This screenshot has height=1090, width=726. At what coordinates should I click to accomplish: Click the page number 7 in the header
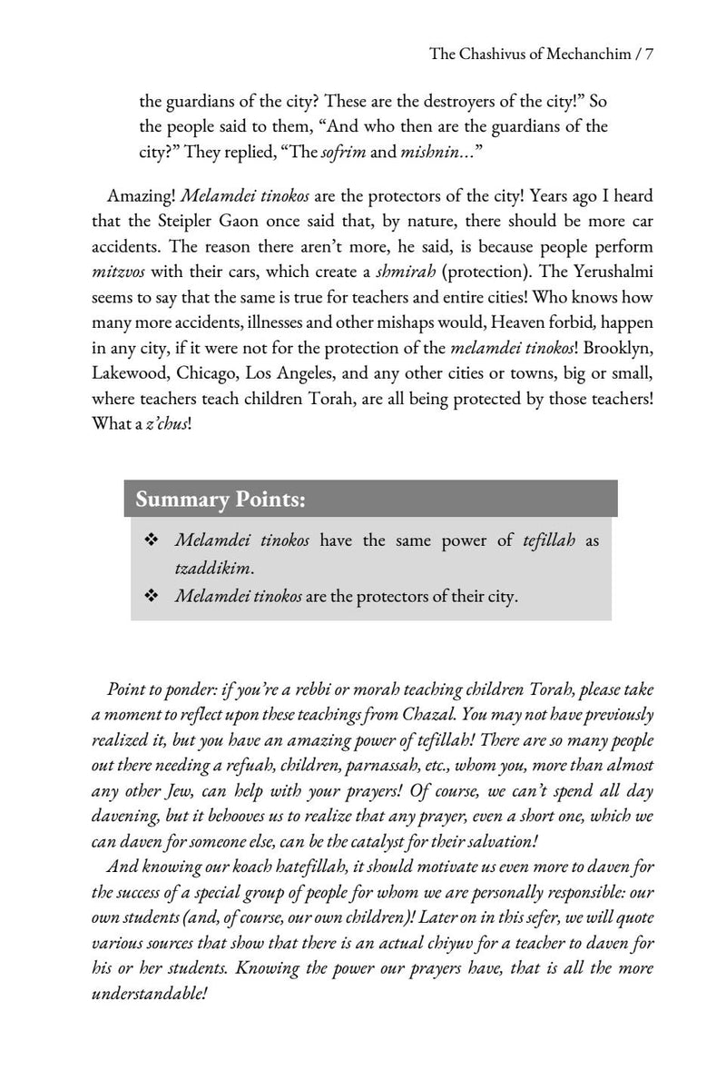pyautogui.click(x=650, y=54)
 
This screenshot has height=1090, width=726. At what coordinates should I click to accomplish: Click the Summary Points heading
pyautogui.click(x=221, y=500)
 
